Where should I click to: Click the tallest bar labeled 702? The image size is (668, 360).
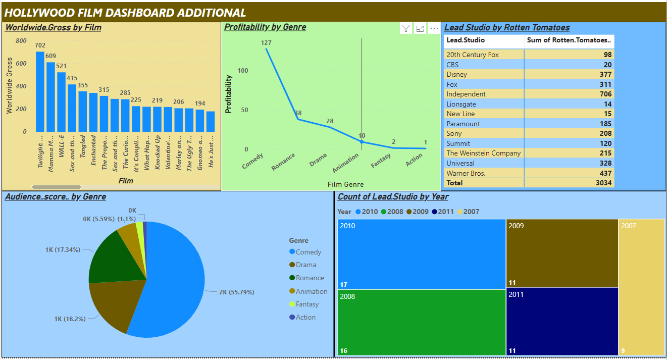[x=40, y=91]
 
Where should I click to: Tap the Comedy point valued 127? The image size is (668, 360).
[x=267, y=49]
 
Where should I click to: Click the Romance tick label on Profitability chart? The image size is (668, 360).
[x=283, y=162]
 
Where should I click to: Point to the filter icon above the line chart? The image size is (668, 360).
[x=406, y=28]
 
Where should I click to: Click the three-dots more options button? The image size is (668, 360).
[x=434, y=28]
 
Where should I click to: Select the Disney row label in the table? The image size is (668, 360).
[x=456, y=74]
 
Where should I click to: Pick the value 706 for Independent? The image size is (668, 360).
[x=605, y=94]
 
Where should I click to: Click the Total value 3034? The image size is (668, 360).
[x=603, y=183]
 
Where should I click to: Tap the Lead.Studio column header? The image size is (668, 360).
[x=466, y=40]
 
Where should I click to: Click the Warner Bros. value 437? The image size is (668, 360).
[x=605, y=173]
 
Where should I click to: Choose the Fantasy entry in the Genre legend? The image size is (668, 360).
[x=307, y=304]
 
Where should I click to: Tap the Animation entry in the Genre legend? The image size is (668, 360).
[x=311, y=291]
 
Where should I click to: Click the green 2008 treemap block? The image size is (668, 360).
[x=421, y=322]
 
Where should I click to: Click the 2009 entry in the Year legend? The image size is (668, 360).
[x=420, y=212]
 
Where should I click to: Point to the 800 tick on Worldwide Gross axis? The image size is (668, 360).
[x=21, y=41]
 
